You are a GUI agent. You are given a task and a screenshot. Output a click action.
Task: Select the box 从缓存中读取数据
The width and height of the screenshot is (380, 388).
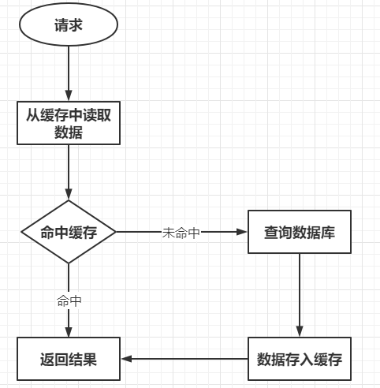coord(69,122)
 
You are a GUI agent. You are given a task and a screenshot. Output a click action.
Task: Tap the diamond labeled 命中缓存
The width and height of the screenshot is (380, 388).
coord(69,232)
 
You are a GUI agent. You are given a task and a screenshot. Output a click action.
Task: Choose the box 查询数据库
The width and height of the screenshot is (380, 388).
coord(299,232)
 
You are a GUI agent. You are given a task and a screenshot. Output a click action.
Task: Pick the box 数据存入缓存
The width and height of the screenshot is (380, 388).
coord(299,360)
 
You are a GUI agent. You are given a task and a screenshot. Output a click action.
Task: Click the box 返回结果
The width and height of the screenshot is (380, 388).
coord(69,360)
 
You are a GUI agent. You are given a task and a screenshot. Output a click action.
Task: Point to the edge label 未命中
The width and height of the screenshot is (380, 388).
coord(181,233)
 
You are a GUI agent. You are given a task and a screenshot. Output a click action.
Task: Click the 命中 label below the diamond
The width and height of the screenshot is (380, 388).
coord(69,300)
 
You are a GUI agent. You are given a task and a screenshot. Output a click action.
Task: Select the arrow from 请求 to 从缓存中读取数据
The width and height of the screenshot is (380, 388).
coord(69,71)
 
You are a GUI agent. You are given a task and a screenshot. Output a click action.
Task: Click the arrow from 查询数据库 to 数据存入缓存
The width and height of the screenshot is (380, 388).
coord(299,292)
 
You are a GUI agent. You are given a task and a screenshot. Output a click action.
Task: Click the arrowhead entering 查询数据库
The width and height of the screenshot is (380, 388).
coord(242,232)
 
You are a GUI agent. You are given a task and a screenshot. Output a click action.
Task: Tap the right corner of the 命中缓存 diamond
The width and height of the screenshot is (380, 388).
coord(115,232)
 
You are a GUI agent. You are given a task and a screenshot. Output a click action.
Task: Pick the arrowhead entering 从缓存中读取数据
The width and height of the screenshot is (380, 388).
coord(69,95)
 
